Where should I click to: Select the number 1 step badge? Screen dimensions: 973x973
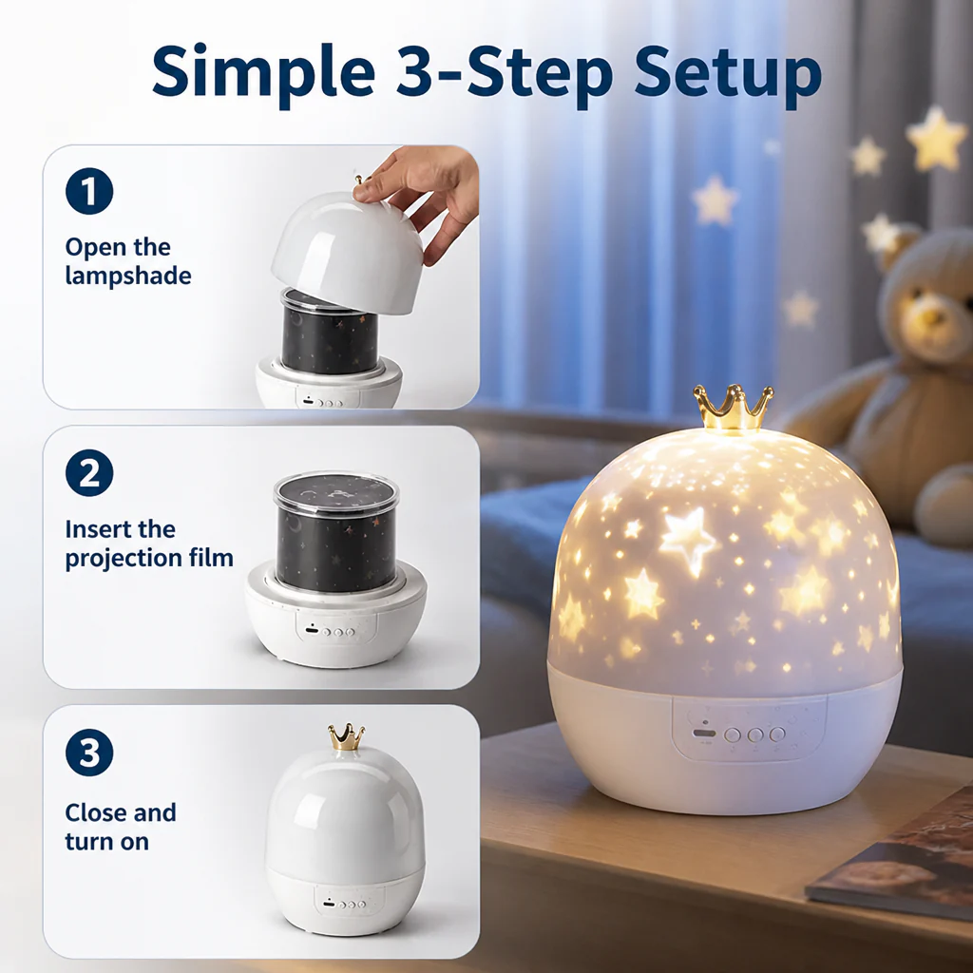89,191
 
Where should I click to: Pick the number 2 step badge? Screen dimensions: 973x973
89,473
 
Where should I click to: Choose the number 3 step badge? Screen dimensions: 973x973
89,753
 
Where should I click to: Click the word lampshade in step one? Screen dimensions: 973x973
128,277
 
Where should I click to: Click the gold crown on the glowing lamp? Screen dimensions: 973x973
734,408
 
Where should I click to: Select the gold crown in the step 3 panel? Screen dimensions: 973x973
347,736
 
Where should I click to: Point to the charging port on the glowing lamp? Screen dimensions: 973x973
704,734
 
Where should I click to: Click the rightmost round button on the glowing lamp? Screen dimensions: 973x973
777,735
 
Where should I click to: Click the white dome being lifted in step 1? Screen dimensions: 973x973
348,251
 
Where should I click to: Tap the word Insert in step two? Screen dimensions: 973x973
98,529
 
